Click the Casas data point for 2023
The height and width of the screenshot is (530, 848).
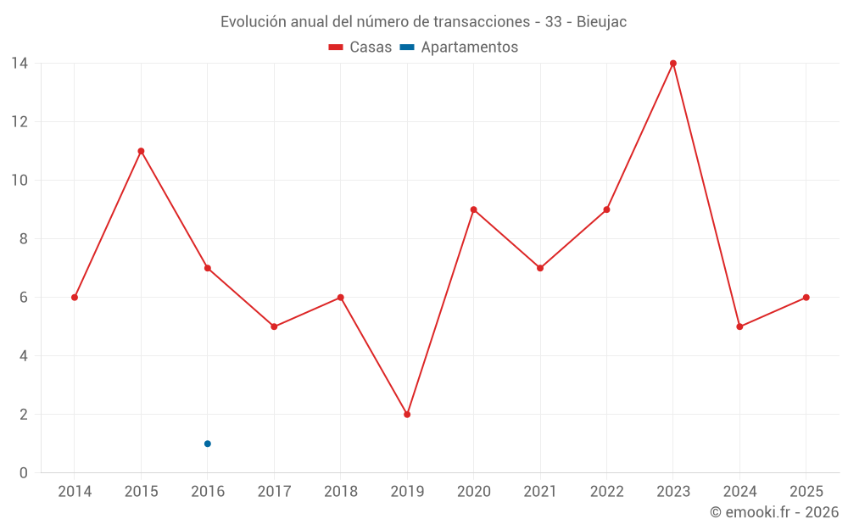[x=672, y=64]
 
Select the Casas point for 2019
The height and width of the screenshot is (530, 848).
[x=407, y=415]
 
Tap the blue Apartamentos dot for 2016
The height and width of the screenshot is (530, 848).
[x=208, y=444]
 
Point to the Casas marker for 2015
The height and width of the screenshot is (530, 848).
[x=141, y=152]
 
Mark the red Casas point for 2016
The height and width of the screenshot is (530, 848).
[x=208, y=268]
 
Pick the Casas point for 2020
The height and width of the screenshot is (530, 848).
[x=474, y=209]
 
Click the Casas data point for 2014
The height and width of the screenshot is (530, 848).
[x=75, y=298]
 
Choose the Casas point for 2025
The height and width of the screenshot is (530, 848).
[x=806, y=298]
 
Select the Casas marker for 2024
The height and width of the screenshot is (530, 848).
[x=739, y=326]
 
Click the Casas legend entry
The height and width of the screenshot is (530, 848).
[x=360, y=47]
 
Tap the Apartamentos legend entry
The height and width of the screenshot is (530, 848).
[x=459, y=47]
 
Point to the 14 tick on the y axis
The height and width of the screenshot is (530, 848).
[x=20, y=64]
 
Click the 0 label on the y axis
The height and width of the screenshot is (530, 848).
[x=23, y=473]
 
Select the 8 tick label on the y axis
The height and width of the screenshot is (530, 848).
[x=23, y=239]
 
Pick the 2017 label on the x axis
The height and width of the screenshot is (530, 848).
[x=274, y=492]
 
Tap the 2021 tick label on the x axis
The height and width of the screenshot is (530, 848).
[x=540, y=492]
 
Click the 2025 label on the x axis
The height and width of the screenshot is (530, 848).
[x=806, y=492]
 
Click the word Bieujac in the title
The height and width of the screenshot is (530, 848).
[x=601, y=22]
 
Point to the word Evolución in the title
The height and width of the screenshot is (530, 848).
[x=253, y=22]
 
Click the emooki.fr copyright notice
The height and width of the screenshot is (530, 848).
[x=774, y=512]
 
